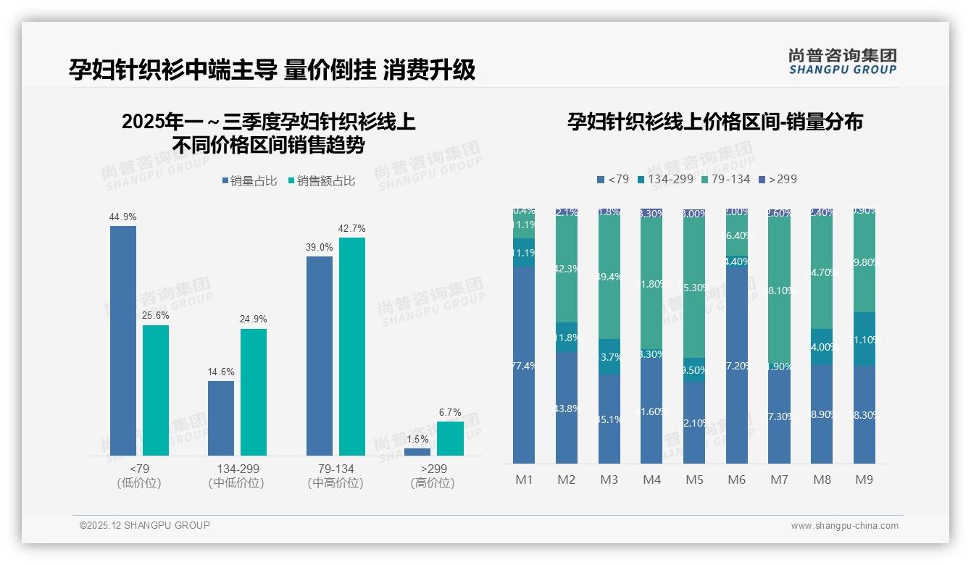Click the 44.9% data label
pyautogui.click(x=123, y=217)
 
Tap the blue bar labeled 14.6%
pyautogui.click(x=221, y=418)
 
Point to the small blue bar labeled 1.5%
pyautogui.click(x=417, y=452)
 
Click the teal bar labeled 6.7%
pyautogui.click(x=450, y=438)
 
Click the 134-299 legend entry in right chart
pyautogui.click(x=664, y=179)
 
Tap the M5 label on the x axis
pyautogui.click(x=694, y=480)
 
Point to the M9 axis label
pyautogui.click(x=864, y=480)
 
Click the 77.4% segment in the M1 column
pyautogui.click(x=524, y=366)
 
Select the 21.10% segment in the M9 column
pyautogui.click(x=864, y=339)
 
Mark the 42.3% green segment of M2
pyautogui.click(x=567, y=269)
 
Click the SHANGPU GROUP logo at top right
pyautogui.click(x=843, y=62)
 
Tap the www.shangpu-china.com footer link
pyautogui.click(x=844, y=526)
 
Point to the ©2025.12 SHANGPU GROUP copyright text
pyautogui.click(x=145, y=525)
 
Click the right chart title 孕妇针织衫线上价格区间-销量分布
pyautogui.click(x=714, y=122)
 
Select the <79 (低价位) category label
pyautogui.click(x=138, y=476)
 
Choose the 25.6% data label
pyautogui.click(x=156, y=317)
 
